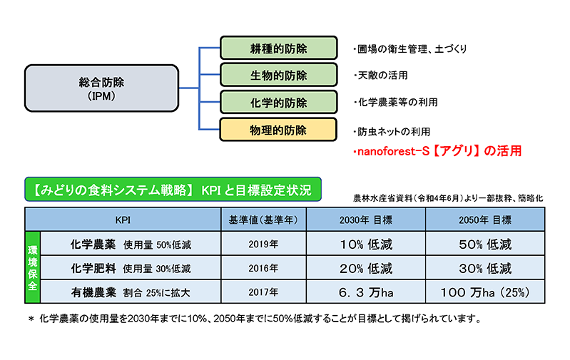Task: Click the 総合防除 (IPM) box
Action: [x=102, y=88]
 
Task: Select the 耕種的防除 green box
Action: [x=279, y=48]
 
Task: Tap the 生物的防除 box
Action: [x=279, y=75]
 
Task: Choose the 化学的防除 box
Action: [x=279, y=103]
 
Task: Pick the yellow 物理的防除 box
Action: [x=278, y=130]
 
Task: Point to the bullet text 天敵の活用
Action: [x=381, y=75]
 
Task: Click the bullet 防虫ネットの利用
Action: [x=392, y=131]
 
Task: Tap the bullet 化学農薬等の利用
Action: [x=396, y=103]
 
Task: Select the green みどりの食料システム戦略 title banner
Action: [x=173, y=189]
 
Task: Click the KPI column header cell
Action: [x=123, y=220]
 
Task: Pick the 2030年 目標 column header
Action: [x=366, y=220]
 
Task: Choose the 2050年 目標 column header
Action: [x=485, y=220]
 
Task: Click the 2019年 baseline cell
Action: [x=263, y=244]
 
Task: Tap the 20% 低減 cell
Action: [x=366, y=269]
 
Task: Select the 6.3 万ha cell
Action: [x=366, y=292]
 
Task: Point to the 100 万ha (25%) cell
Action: [x=485, y=292]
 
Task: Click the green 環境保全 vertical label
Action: [x=32, y=268]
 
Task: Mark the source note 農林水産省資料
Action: [x=448, y=198]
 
